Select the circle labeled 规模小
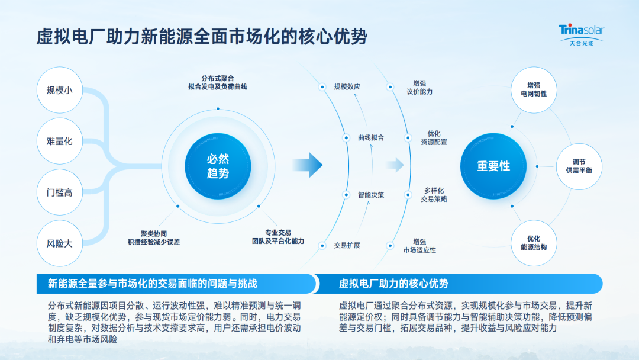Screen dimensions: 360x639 click(x=59, y=90)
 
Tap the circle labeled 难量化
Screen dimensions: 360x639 click(x=59, y=141)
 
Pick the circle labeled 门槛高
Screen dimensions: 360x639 click(x=59, y=192)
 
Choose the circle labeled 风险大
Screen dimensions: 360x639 click(x=59, y=243)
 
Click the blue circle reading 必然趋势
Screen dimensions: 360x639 click(x=218, y=166)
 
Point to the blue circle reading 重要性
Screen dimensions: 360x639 click(x=493, y=166)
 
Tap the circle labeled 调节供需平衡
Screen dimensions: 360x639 click(x=579, y=166)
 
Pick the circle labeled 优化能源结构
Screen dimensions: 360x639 click(x=534, y=243)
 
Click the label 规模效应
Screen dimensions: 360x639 click(x=347, y=87)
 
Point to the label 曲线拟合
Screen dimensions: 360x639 click(x=371, y=137)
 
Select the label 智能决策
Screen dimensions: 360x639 click(x=371, y=194)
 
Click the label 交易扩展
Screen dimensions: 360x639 click(x=347, y=245)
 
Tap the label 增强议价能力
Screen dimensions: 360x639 click(x=419, y=88)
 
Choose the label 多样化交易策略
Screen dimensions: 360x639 click(x=434, y=195)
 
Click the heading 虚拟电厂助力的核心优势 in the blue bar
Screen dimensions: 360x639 click(x=393, y=284)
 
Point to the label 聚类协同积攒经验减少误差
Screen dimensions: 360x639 click(x=153, y=237)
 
